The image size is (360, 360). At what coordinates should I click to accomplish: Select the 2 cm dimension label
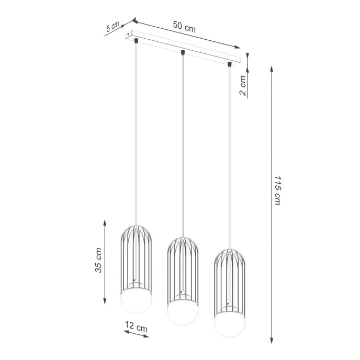click(x=242, y=85)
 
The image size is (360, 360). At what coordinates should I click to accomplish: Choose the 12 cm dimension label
click(x=136, y=328)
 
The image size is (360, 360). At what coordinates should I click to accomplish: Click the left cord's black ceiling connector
click(x=136, y=39)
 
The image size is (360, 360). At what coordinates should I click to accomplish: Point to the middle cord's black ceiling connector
click(x=183, y=52)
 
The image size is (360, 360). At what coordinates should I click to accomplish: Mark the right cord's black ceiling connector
click(x=229, y=65)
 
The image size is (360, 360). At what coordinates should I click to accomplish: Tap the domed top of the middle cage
click(x=182, y=242)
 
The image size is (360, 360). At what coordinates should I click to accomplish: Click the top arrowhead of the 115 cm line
click(x=271, y=68)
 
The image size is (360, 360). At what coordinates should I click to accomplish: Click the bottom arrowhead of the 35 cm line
click(x=105, y=302)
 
